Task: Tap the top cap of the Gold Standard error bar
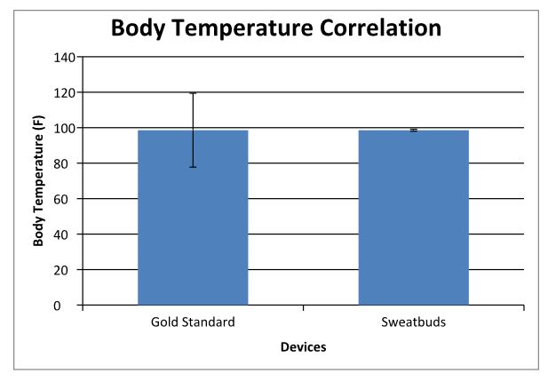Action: (193, 92)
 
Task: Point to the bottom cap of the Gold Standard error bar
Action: (193, 167)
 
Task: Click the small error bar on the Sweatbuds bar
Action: (413, 131)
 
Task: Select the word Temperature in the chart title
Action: (252, 28)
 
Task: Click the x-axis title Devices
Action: (303, 347)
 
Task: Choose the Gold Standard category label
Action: (193, 321)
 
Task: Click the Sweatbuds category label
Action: (413, 321)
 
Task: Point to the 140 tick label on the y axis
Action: (65, 57)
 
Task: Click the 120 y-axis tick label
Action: (65, 92)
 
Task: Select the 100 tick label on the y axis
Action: (65, 128)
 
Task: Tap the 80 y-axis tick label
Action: (68, 163)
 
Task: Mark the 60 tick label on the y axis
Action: (68, 199)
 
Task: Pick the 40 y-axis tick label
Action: (68, 234)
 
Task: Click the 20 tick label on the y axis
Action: (68, 270)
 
